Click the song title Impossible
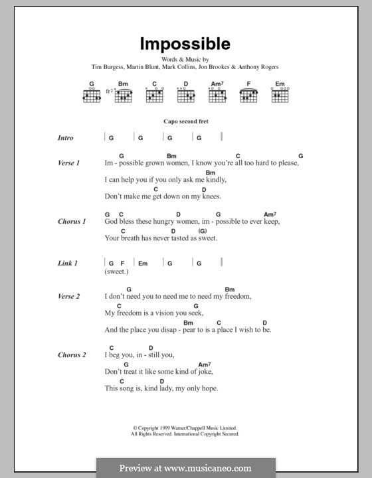point(185,44)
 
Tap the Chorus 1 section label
point(71,222)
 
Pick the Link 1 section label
point(67,264)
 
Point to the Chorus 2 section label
point(71,355)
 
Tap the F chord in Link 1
point(122,264)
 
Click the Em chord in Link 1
point(142,264)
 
